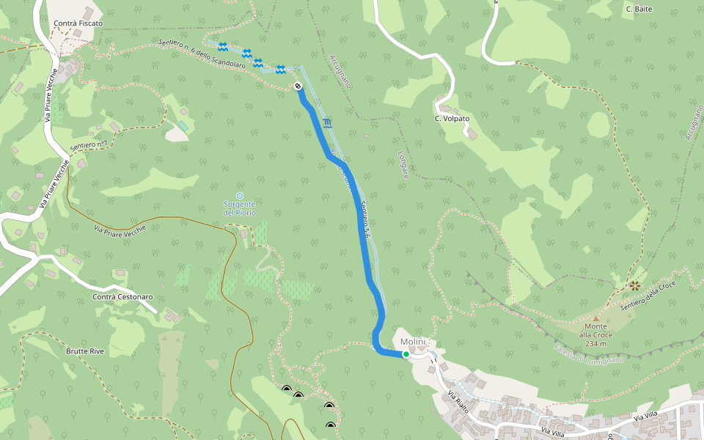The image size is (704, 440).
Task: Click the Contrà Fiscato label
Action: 78,23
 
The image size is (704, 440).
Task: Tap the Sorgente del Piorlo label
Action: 240,208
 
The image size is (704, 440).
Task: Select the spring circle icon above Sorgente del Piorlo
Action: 240,195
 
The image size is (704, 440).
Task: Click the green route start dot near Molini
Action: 406,354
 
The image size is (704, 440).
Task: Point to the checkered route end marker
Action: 298,87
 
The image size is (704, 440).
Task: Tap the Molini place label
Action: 413,342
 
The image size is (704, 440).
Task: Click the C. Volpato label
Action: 452,118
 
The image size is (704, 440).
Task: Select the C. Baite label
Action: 639,9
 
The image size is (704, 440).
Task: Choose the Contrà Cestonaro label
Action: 122,297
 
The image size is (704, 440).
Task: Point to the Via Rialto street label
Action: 459,403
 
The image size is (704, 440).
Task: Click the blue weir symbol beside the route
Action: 326,122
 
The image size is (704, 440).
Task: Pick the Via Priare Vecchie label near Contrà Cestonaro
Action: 120,230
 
